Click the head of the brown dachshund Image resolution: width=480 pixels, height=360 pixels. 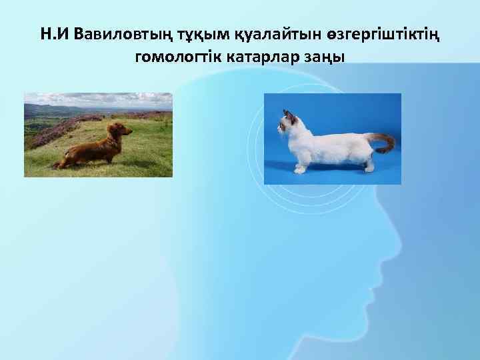pyautogui.click(x=121, y=129)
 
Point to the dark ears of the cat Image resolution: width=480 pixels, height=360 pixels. pyautogui.click(x=288, y=115)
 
